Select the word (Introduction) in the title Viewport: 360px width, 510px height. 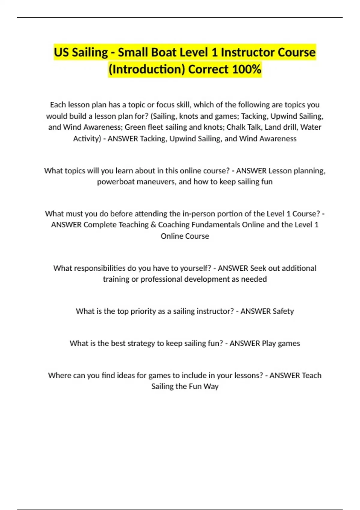tap(147, 69)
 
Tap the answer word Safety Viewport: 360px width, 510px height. tap(283, 311)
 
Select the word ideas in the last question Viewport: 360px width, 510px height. tap(121, 375)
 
